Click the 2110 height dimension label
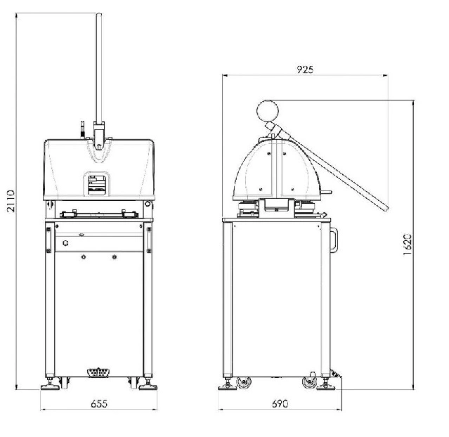coord(11,201)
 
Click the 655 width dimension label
coord(99,404)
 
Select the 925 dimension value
coord(305,70)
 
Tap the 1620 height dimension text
coord(408,244)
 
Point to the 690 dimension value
coord(280,404)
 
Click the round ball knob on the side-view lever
coord(268,111)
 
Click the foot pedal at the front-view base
coord(98,372)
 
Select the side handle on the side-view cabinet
coord(334,240)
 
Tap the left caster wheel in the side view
coord(244,383)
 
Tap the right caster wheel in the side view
coord(310,382)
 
